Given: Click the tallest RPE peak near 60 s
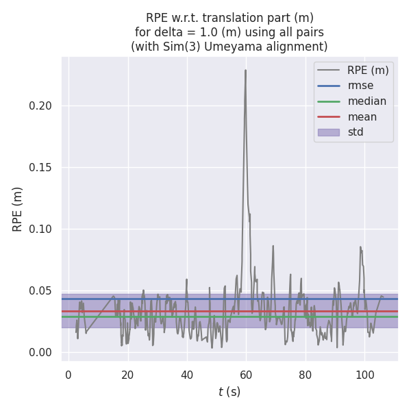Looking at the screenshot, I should click(x=245, y=70).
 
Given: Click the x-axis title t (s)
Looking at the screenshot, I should click(x=229, y=392).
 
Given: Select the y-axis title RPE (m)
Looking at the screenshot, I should click(x=18, y=209).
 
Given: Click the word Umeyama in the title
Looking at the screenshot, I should click(x=238, y=47).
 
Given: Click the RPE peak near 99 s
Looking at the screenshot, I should click(x=360, y=247).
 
